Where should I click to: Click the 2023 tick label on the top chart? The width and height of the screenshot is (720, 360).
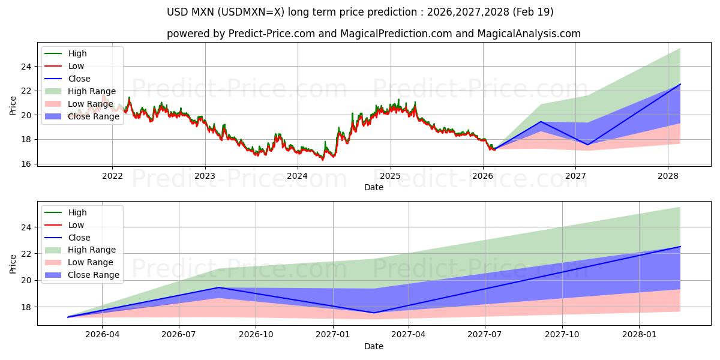[x=205, y=176]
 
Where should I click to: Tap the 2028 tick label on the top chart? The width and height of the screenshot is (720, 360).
[x=668, y=176]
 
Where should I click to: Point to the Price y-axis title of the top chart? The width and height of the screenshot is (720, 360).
[x=13, y=106]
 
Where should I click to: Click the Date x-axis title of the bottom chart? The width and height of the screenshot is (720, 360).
[x=373, y=346]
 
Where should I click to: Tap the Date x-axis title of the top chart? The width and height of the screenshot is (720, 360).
[x=373, y=187]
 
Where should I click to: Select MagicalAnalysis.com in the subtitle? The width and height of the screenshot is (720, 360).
[x=530, y=34]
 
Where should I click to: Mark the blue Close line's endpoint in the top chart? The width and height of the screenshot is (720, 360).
[x=680, y=84]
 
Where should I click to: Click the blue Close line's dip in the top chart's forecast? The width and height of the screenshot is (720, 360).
[x=587, y=145]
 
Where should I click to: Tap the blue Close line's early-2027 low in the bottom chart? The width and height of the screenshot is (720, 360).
[x=374, y=313]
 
